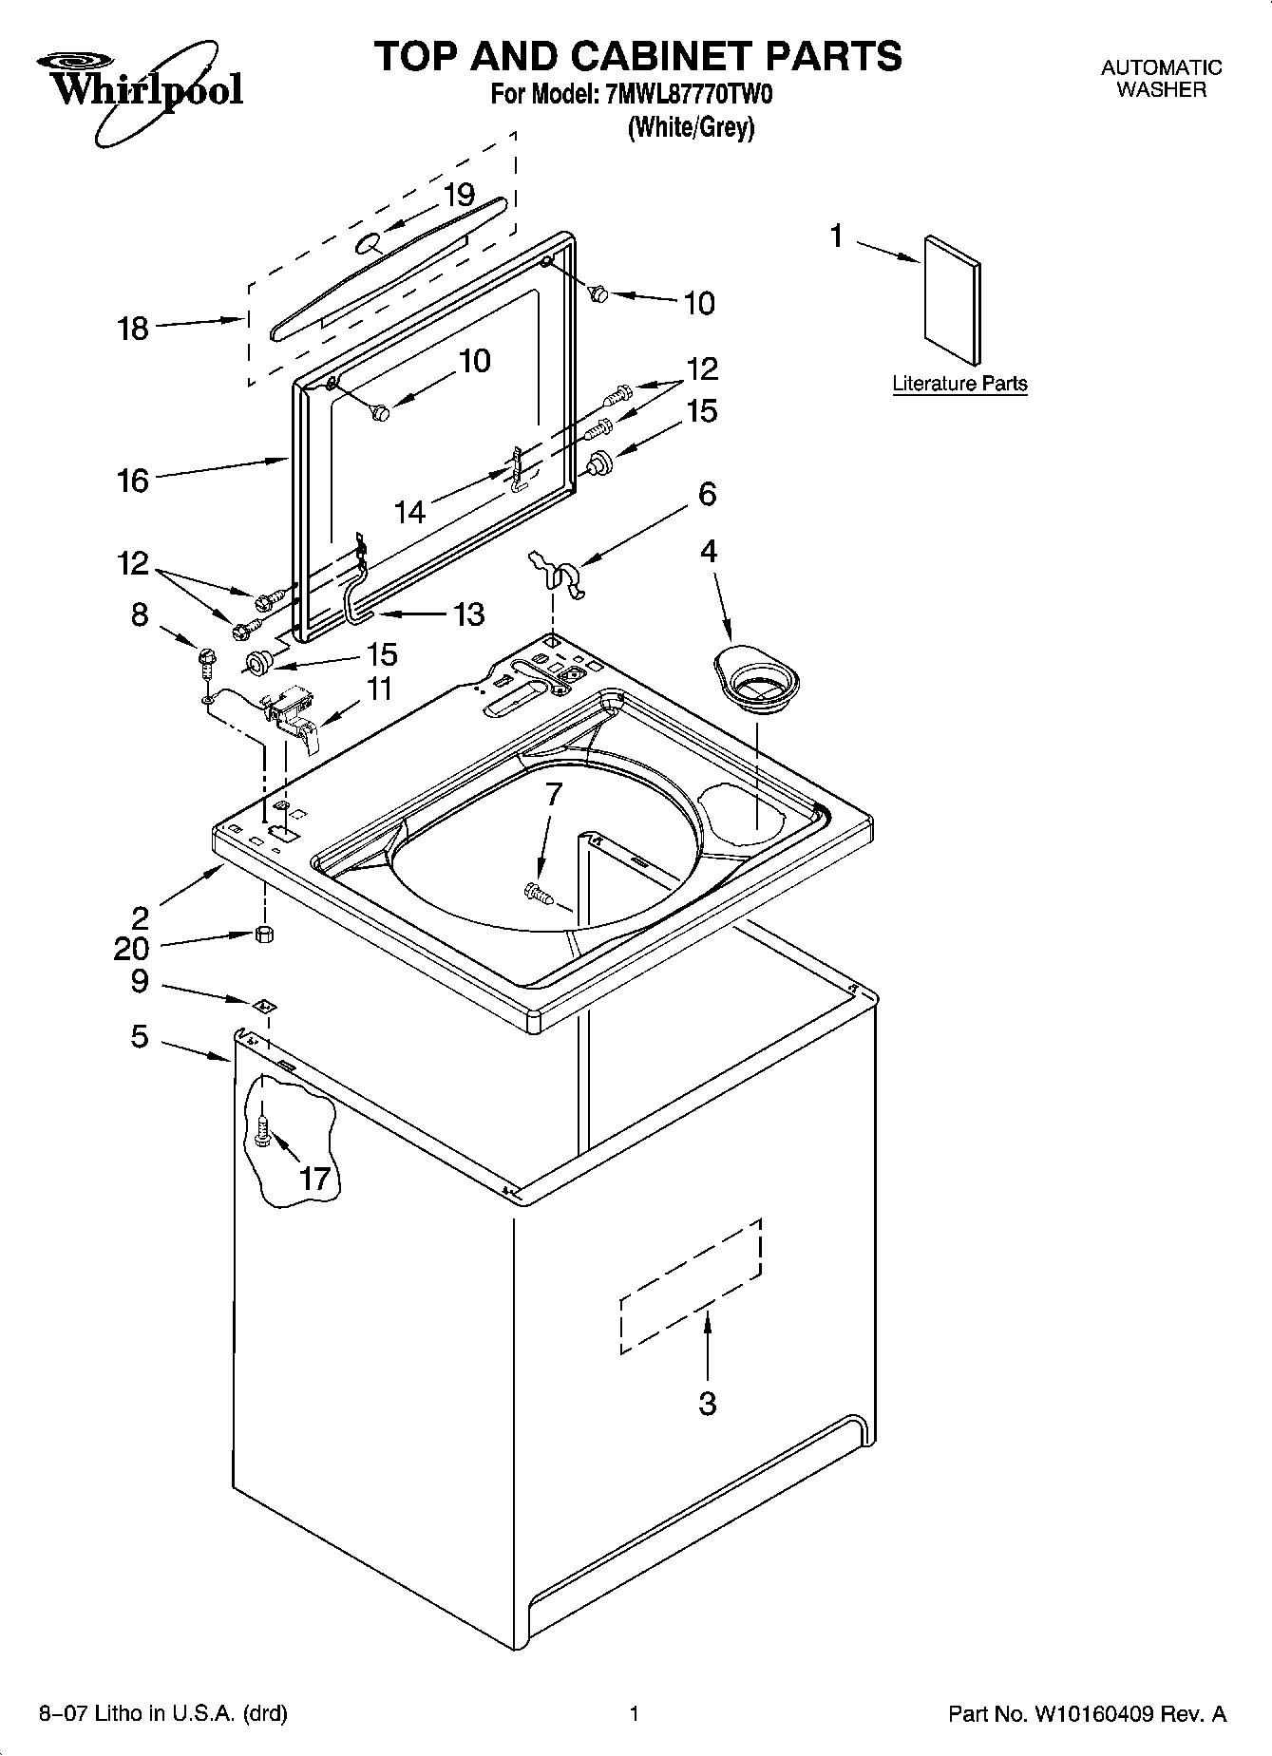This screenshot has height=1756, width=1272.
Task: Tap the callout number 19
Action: pyautogui.click(x=460, y=196)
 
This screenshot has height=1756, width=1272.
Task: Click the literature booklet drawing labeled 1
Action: pyautogui.click(x=952, y=300)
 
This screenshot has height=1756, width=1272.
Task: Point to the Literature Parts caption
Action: pyautogui.click(x=959, y=384)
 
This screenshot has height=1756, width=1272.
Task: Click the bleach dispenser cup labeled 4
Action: pyautogui.click(x=756, y=675)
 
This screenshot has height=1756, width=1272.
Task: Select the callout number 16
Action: pyautogui.click(x=133, y=481)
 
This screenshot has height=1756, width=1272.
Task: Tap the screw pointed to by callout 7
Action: pyautogui.click(x=539, y=892)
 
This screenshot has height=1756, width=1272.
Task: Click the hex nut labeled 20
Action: pyautogui.click(x=265, y=935)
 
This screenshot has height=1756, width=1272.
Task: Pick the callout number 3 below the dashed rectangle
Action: pyautogui.click(x=707, y=1404)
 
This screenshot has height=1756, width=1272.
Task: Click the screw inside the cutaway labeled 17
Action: pyautogui.click(x=264, y=1129)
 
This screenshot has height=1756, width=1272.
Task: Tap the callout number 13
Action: pyautogui.click(x=468, y=614)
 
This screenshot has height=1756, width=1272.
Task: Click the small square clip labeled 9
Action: pyautogui.click(x=264, y=1004)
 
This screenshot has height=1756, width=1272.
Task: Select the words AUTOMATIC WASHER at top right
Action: pyautogui.click(x=1161, y=79)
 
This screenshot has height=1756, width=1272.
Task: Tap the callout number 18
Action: pyautogui.click(x=133, y=329)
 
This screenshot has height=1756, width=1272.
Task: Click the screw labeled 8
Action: pyautogui.click(x=205, y=658)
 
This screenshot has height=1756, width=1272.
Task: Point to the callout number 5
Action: pyautogui.click(x=140, y=1036)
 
